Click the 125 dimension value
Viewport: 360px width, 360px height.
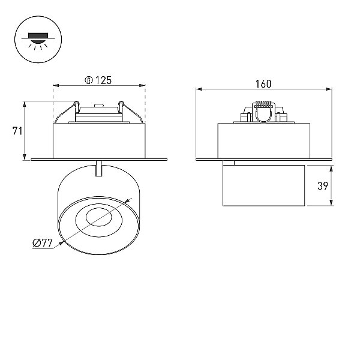pyautogui.click(x=103, y=80)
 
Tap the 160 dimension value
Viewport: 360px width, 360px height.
pyautogui.click(x=263, y=84)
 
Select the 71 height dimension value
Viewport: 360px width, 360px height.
pyautogui.click(x=17, y=131)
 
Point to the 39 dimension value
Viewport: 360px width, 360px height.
pyautogui.click(x=323, y=186)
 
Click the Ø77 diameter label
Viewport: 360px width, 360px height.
pyautogui.click(x=43, y=242)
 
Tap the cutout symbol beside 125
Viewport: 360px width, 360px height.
pyautogui.click(x=89, y=80)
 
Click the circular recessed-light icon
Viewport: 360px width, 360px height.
pyautogui.click(x=38, y=39)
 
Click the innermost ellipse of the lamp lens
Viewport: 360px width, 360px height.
pyautogui.click(x=99, y=217)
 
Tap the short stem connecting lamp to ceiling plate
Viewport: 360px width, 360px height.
pyautogui.click(x=99, y=168)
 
